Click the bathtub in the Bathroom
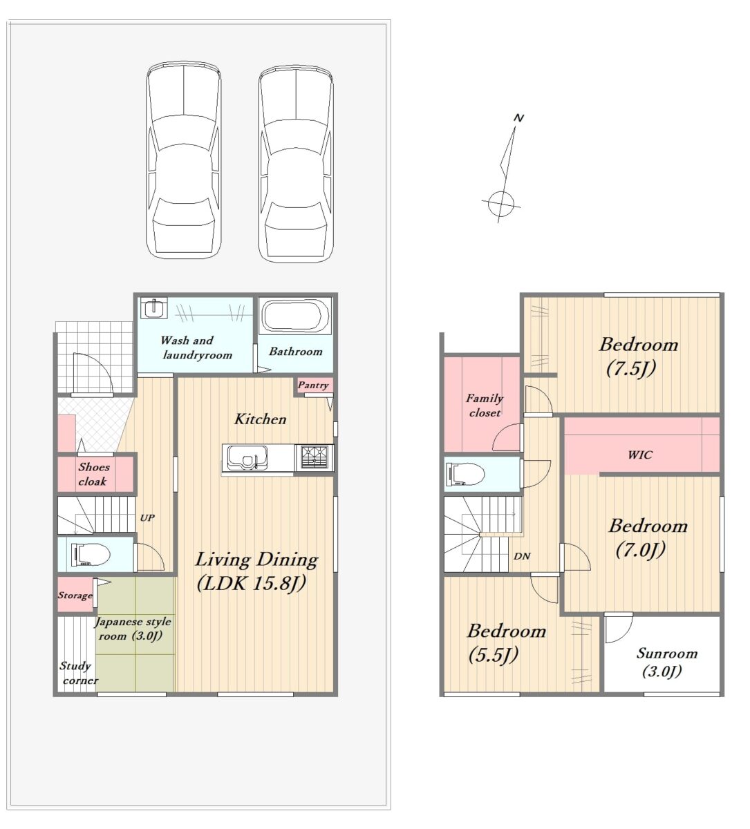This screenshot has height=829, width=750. (x=294, y=316)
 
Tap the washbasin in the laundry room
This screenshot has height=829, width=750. (x=154, y=307)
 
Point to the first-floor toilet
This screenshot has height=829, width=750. (x=91, y=554)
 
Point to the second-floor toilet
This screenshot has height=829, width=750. (x=465, y=474)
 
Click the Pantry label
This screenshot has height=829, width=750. (x=313, y=385)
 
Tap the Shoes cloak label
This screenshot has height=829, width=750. (x=93, y=474)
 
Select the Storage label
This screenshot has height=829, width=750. (x=75, y=595)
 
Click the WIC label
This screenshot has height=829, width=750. (x=639, y=455)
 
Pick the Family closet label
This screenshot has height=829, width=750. (x=485, y=406)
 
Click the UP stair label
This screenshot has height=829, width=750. (x=147, y=517)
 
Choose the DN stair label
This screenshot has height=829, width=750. (x=522, y=556)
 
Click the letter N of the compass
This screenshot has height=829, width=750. (x=518, y=118)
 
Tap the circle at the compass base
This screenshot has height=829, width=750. (x=501, y=204)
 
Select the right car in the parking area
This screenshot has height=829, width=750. (x=296, y=164)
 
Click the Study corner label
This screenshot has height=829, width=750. (x=79, y=673)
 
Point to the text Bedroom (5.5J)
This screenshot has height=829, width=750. (x=507, y=643)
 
